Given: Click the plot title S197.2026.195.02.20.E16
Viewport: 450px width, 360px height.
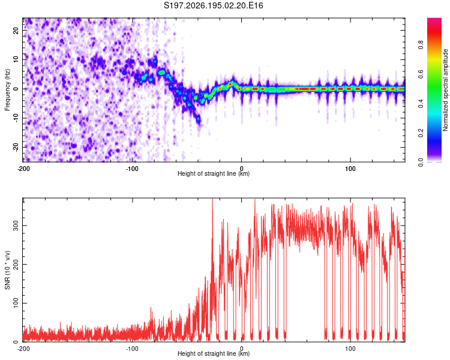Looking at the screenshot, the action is [x=213, y=5].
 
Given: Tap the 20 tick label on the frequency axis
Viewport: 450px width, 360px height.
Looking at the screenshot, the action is [x=16, y=31].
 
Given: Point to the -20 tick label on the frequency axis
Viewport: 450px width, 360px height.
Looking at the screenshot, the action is [x=16, y=147].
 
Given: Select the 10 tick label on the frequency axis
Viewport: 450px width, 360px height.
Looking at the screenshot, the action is [x=16, y=59].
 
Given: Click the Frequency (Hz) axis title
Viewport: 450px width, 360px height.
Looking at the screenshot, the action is [x=7, y=89].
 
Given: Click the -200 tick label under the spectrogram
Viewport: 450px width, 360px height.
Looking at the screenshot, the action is [x=23, y=169].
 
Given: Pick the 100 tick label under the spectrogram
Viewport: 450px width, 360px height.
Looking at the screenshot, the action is [x=350, y=169].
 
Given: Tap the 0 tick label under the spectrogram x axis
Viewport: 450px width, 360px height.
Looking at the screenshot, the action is [x=241, y=169].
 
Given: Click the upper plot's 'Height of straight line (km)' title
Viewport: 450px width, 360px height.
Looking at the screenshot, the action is [x=214, y=173].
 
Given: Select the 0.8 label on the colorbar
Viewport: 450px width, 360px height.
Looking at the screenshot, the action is [x=421, y=45].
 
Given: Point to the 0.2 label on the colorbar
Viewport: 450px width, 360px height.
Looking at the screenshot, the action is [x=421, y=133].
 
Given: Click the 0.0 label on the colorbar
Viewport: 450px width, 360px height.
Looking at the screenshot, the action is [x=421, y=162].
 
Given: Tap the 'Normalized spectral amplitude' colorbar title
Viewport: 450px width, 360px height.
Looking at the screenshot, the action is [x=445, y=90].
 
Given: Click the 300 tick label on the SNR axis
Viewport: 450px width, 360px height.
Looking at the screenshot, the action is [x=16, y=226].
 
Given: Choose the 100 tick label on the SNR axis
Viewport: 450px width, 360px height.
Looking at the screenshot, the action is [x=16, y=303].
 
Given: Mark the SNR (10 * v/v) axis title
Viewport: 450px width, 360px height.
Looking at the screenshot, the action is [x=7, y=270].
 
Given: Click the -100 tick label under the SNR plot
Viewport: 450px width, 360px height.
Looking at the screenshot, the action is [x=132, y=349].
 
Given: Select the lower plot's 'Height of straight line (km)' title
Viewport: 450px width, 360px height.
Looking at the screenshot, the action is [x=214, y=353].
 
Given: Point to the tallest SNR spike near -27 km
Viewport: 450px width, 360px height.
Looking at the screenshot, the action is [x=212, y=199].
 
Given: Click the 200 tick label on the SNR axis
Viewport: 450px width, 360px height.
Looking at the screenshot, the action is [x=16, y=265].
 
